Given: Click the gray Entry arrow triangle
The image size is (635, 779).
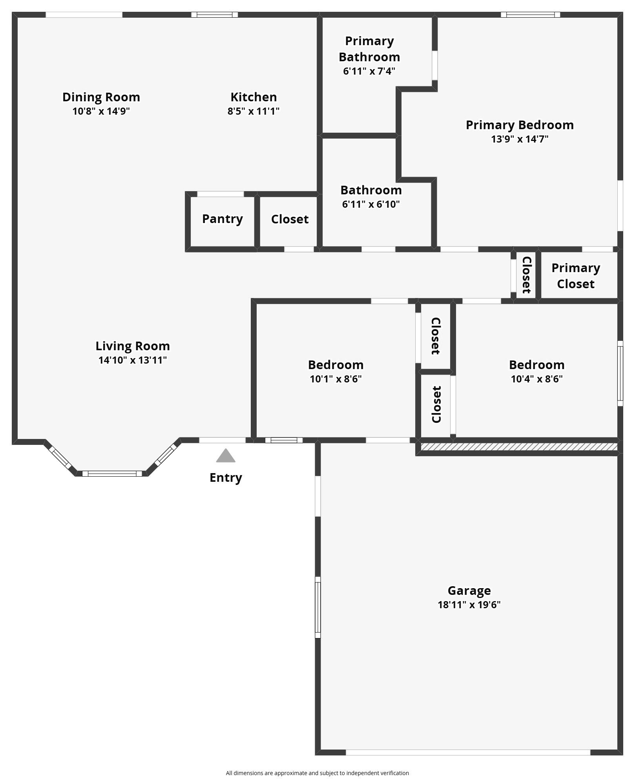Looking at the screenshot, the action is [226, 455].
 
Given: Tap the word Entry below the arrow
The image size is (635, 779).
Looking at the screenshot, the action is [226, 477].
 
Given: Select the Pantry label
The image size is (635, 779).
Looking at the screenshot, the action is [223, 219].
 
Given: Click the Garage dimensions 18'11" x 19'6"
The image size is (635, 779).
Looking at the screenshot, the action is [469, 605].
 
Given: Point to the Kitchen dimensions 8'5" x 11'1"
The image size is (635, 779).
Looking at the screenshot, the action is [254, 111].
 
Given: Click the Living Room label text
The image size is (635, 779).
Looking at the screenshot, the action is [133, 346].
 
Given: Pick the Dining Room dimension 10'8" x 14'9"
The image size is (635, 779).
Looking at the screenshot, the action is [101, 111].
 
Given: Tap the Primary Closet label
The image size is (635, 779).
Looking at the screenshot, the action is [576, 276].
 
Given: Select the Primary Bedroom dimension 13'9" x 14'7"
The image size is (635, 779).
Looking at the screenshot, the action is [520, 139].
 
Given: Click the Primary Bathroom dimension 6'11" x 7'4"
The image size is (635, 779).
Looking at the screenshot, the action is [369, 71].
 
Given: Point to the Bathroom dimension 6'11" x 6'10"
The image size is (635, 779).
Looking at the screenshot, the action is [371, 204].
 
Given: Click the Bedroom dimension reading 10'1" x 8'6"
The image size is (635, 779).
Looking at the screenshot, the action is [336, 379].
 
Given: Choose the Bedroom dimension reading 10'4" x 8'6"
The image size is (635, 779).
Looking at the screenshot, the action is [536, 379].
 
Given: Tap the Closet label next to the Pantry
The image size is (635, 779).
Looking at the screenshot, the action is [290, 219].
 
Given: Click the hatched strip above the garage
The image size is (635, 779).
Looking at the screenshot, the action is [519, 447].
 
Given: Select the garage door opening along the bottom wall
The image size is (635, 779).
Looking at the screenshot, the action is [468, 752].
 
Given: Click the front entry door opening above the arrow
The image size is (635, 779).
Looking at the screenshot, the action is [223, 440].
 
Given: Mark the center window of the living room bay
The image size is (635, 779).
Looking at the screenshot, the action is [112, 474].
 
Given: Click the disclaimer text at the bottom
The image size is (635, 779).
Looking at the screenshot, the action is [317, 773].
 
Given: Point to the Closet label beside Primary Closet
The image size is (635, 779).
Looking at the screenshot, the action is [526, 275].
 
